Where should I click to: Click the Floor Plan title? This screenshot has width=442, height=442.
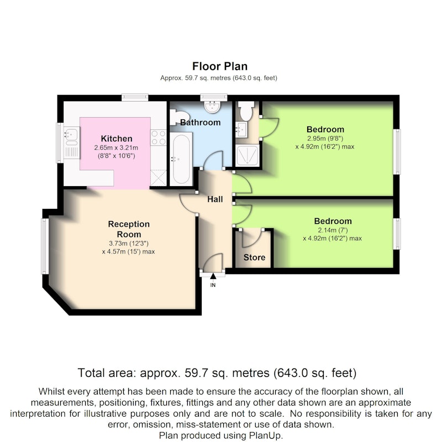[x=220, y=66]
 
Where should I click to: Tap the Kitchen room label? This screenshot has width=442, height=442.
[x=117, y=139]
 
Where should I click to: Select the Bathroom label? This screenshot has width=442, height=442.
[x=200, y=122]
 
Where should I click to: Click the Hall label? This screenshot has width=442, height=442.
[x=215, y=199]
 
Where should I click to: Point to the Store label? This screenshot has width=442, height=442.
[x=254, y=257]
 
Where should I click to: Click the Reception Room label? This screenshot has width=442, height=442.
[x=129, y=229]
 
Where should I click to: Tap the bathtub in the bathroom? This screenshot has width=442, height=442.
[x=181, y=159]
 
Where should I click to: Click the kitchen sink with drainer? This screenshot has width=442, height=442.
[x=72, y=143]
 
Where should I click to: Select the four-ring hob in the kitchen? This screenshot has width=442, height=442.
[x=159, y=138]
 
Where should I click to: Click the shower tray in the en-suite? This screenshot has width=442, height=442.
[x=247, y=155]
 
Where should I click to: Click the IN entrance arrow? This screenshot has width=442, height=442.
[x=213, y=276]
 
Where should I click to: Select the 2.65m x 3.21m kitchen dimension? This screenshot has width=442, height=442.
[x=116, y=148]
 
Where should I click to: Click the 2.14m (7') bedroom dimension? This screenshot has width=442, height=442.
[x=333, y=230]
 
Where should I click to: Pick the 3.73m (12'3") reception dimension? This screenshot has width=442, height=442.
[x=129, y=243]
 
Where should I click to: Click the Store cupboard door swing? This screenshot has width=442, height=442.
[x=252, y=238]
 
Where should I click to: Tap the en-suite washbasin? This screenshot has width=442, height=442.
[x=241, y=129]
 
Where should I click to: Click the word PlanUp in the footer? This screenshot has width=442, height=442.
[x=265, y=435]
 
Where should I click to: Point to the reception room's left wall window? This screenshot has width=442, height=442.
[x=45, y=246]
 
